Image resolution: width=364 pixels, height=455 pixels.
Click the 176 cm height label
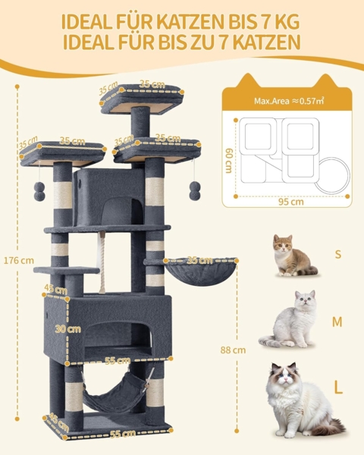click(x=19, y=261)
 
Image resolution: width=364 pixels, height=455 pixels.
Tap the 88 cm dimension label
click(x=233, y=350)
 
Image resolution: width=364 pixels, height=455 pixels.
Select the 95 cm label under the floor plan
click(x=291, y=202)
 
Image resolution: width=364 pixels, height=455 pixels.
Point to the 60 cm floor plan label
click(x=229, y=161)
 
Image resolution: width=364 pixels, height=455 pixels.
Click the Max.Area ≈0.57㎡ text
click(x=289, y=101)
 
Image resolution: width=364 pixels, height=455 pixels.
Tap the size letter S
click(x=338, y=254)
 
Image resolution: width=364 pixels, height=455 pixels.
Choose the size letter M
click(x=337, y=322)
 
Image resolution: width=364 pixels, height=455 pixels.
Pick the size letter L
click(x=338, y=387)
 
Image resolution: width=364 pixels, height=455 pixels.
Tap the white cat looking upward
click(x=290, y=319)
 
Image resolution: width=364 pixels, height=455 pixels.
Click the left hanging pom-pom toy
click(x=39, y=191)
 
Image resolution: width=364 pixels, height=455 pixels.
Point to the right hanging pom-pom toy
click(x=195, y=190)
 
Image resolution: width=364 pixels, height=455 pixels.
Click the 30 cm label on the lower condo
click(x=68, y=329)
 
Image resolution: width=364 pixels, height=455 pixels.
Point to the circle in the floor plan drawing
click(x=332, y=175)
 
